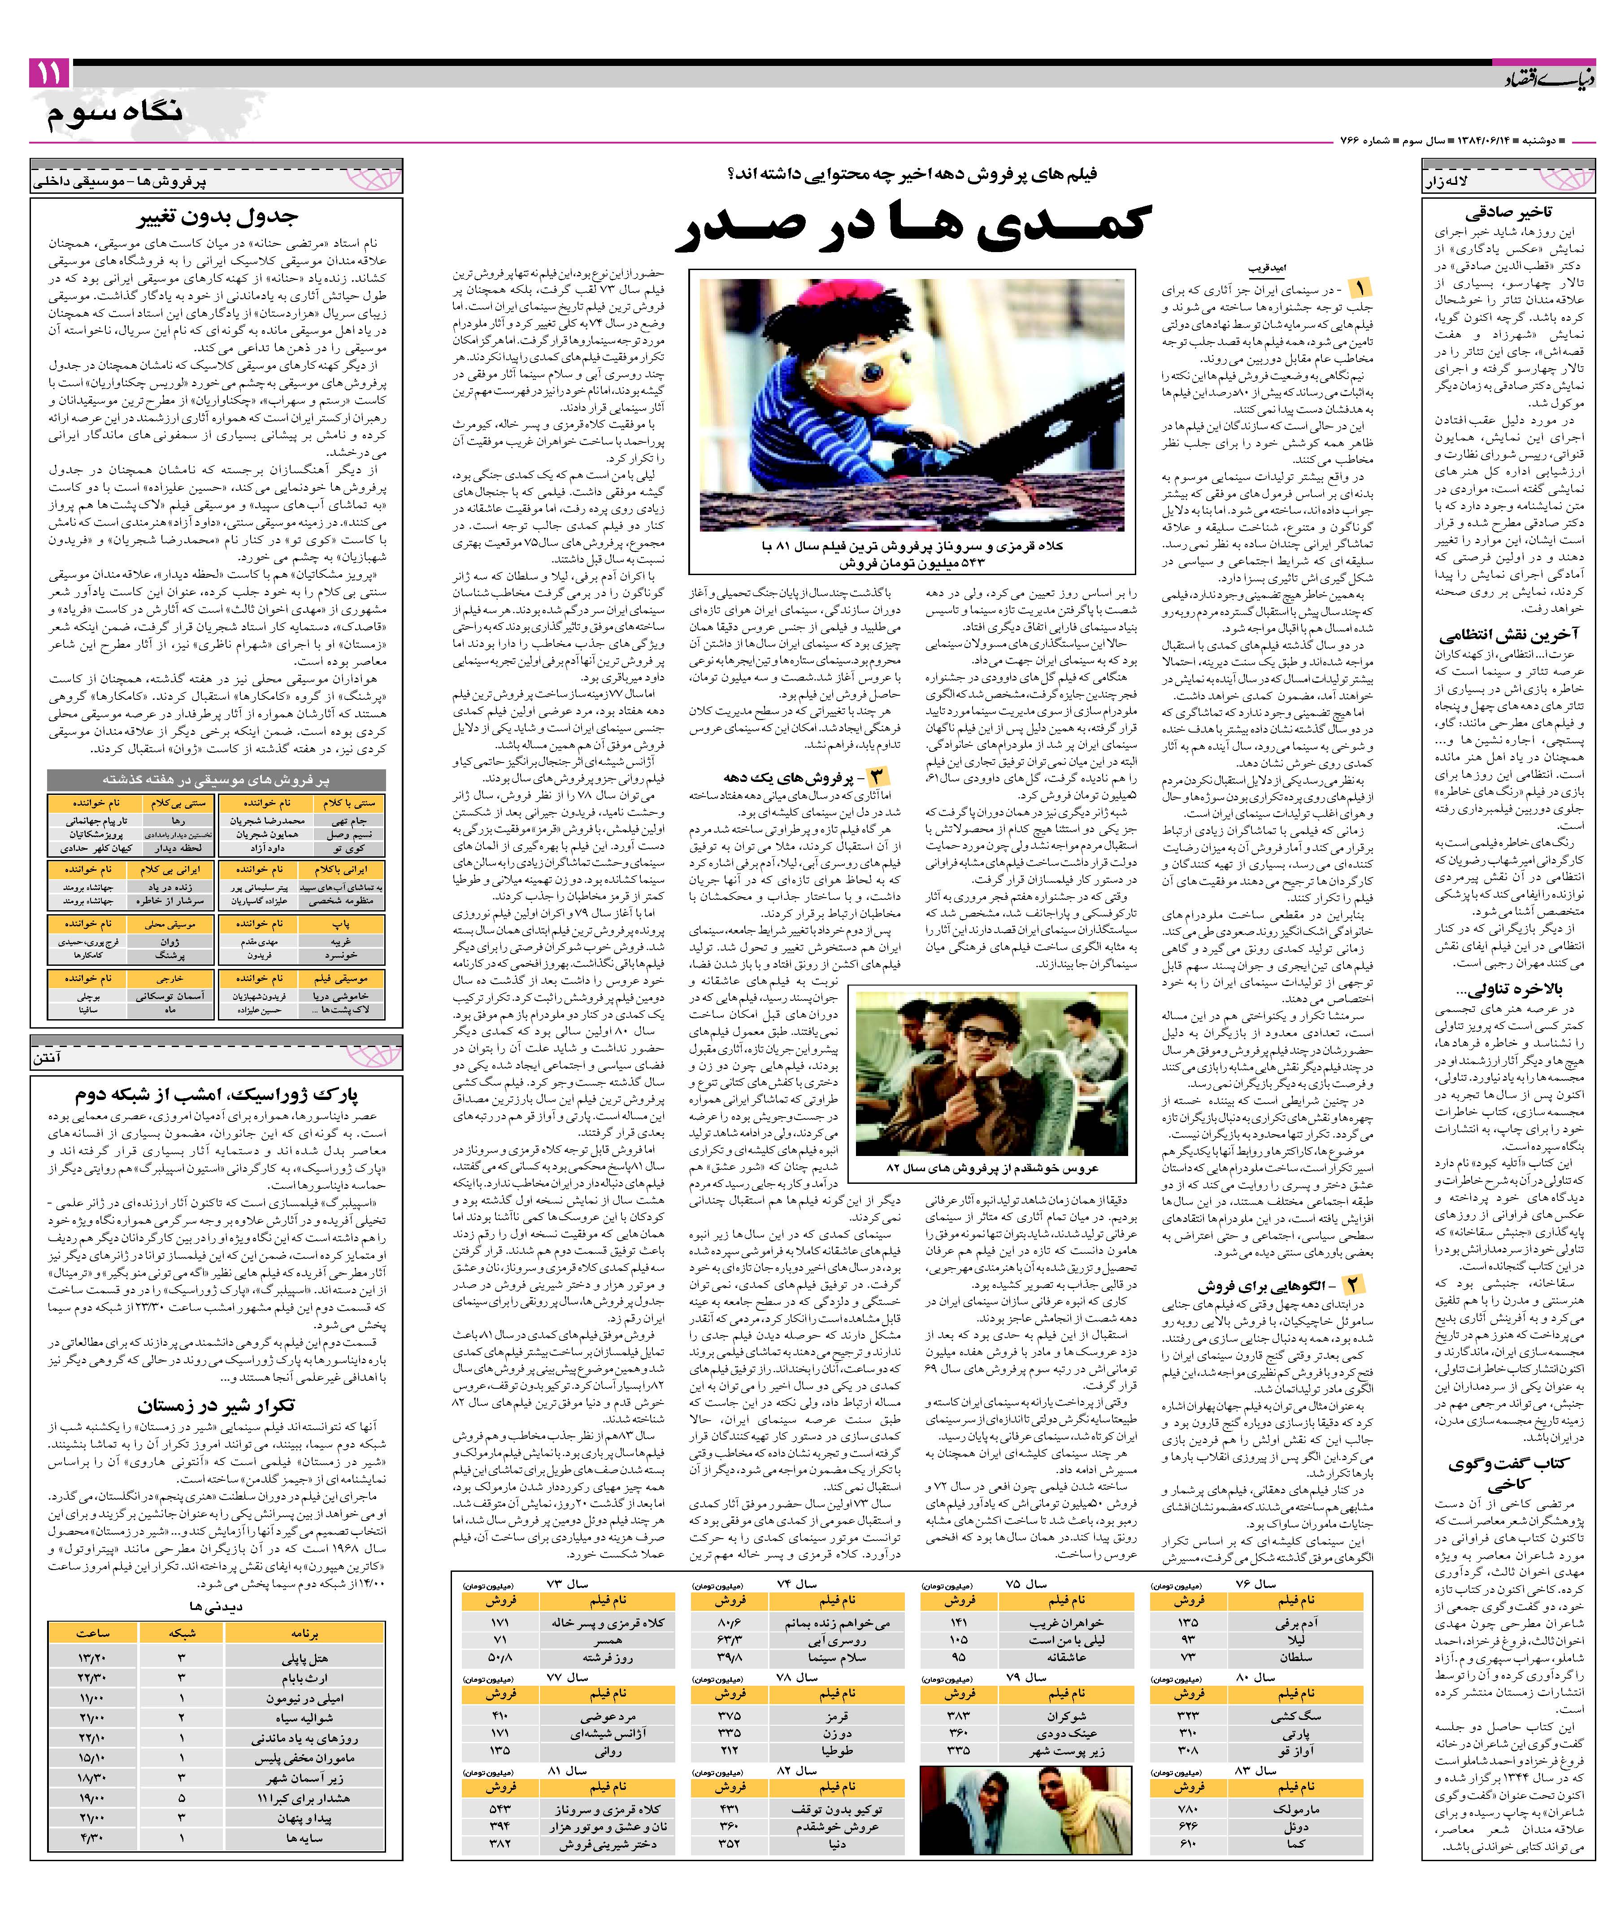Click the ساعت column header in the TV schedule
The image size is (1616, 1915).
(x=92, y=1633)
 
